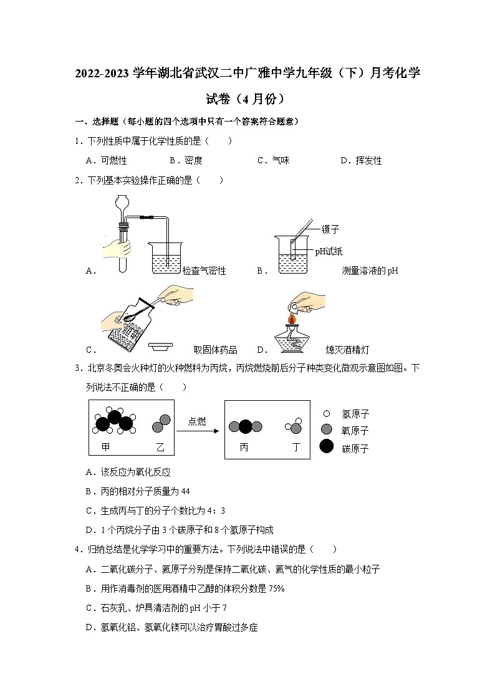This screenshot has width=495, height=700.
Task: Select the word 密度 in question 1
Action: pyautogui.click(x=194, y=161)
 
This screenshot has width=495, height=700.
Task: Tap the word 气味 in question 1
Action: pyautogui.click(x=281, y=161)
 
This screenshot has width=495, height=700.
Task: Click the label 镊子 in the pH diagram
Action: pyautogui.click(x=330, y=230)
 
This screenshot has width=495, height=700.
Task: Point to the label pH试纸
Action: pyautogui.click(x=329, y=252)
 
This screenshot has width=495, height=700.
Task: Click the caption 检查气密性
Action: pyautogui.click(x=204, y=271)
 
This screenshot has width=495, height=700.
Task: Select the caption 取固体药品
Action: pyautogui.click(x=216, y=350)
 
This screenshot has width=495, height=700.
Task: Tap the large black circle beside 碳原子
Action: pyautogui.click(x=326, y=447)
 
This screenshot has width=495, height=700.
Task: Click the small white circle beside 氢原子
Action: pyautogui.click(x=326, y=413)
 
